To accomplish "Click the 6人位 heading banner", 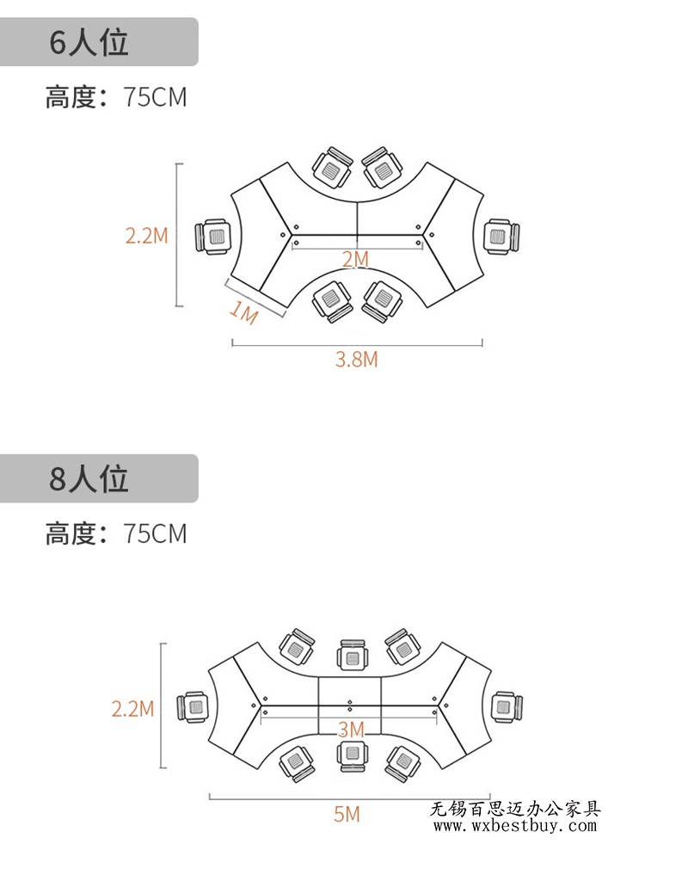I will click(99, 42).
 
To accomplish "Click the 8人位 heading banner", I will click(99, 478).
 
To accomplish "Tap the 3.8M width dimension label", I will click(356, 360).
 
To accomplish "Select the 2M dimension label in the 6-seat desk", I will click(355, 259).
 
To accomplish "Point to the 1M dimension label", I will click(244, 313).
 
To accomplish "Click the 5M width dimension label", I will click(347, 813).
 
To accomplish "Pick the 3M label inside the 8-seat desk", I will click(351, 729).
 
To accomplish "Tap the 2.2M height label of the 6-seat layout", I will click(146, 235).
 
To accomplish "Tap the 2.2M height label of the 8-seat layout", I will click(132, 709).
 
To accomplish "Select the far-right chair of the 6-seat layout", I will click(501, 236).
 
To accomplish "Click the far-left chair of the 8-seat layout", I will click(194, 707).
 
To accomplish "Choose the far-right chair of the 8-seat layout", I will click(506, 706).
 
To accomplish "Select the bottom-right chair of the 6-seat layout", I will click(382, 300).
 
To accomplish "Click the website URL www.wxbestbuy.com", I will click(514, 826).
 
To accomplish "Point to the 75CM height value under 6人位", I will click(155, 97).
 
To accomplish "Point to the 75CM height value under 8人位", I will click(155, 533).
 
